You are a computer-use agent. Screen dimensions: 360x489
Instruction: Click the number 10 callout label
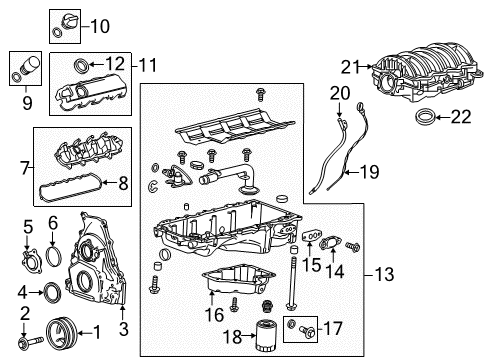[x=101, y=24]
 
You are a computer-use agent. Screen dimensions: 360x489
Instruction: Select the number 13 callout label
[x=384, y=273]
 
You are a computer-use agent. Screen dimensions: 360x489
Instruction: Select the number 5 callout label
[x=29, y=227]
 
